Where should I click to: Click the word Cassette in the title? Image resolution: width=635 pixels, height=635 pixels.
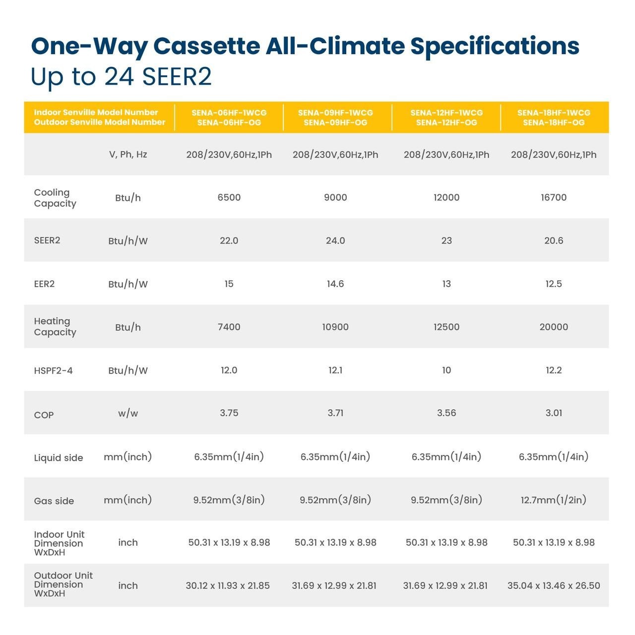[x=206, y=46]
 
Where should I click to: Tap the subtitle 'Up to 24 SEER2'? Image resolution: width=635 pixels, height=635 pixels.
[x=121, y=76]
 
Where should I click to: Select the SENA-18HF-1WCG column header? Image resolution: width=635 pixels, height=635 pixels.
[x=554, y=118]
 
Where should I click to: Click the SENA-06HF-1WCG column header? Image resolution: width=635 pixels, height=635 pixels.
[x=229, y=118]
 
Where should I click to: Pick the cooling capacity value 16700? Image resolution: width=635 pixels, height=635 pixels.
[x=554, y=197]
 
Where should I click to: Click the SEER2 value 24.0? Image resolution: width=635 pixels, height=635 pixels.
[x=335, y=241]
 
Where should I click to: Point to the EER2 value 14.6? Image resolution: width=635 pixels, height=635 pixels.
[x=335, y=284]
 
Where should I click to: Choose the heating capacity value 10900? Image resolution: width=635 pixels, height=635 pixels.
[x=335, y=327]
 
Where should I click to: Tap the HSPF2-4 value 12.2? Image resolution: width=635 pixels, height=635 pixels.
[x=554, y=370]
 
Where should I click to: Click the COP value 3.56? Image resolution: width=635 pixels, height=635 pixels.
[x=446, y=413]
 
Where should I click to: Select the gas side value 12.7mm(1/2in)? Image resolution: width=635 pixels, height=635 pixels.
[x=554, y=500]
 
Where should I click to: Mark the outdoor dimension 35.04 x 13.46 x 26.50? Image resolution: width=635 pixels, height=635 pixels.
[x=554, y=585]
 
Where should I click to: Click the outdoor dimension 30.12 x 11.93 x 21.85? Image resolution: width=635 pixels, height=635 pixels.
[x=228, y=585]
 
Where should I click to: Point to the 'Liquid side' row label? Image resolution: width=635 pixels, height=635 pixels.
[x=59, y=458]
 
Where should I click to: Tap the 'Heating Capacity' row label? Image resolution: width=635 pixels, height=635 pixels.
[x=55, y=327]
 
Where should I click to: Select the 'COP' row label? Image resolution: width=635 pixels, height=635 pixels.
[x=44, y=415]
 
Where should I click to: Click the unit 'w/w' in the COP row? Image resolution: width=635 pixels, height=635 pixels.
[x=128, y=413]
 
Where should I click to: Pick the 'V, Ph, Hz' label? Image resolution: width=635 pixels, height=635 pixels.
[x=128, y=154]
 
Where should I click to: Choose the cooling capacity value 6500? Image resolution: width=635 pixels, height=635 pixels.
[x=229, y=197]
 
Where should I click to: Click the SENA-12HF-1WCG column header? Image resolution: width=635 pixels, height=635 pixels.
[x=446, y=118]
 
